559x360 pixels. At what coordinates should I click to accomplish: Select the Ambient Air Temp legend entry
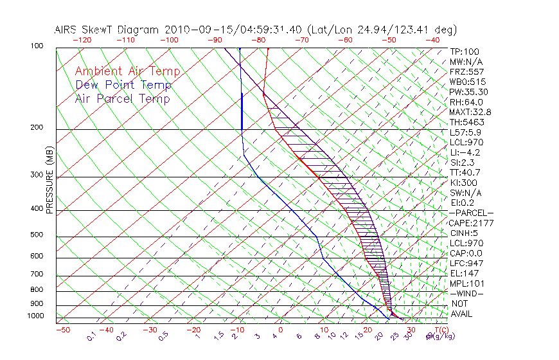[127, 71]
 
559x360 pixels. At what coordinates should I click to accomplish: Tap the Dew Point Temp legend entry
[123, 85]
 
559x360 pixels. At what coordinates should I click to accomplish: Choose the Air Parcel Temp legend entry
[123, 98]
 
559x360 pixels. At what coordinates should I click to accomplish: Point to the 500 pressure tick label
[37, 235]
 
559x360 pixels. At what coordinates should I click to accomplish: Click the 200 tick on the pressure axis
[37, 128]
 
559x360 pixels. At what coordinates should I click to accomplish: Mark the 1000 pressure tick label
[35, 316]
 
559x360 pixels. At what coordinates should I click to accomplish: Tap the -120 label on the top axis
[82, 40]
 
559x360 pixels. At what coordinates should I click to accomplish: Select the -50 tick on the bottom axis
[62, 330]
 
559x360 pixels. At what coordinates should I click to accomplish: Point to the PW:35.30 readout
[468, 92]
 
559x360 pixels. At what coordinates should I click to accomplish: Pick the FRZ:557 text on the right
[466, 71]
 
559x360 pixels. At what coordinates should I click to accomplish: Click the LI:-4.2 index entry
[465, 152]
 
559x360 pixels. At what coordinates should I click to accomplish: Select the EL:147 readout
[464, 273]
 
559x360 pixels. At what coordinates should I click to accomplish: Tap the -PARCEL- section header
[471, 213]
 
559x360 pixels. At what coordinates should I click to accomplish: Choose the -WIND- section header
[467, 293]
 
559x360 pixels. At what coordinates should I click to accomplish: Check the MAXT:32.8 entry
[470, 112]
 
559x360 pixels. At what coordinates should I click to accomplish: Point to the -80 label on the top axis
[259, 40]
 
